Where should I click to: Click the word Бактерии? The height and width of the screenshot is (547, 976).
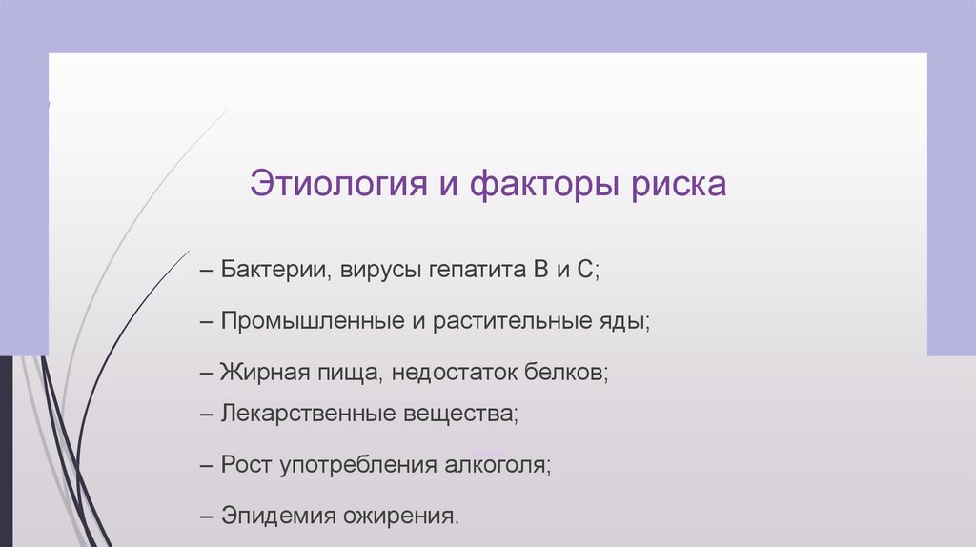pos(275,269)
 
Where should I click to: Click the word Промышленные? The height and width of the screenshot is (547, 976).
pos(311,321)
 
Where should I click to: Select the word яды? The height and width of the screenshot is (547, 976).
pos(630,321)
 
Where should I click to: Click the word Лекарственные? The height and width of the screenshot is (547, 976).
pos(299,415)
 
